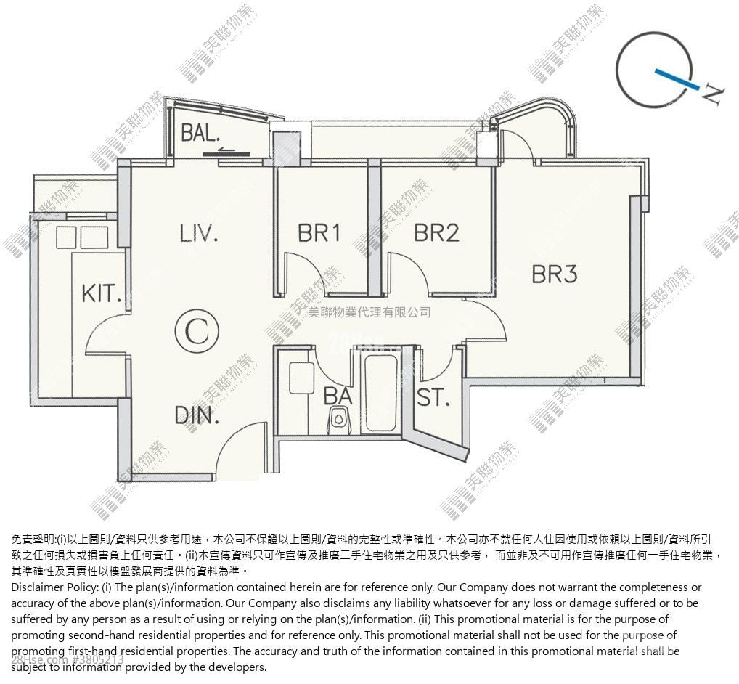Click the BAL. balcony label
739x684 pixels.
coord(200,133)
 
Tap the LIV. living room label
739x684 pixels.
coord(199,233)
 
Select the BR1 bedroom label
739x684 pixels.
coord(319,232)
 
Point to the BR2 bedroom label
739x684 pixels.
coord(436,232)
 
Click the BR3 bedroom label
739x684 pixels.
coord(554,274)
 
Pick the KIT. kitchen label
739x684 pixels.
coord(101,294)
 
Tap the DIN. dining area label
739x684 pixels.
coord(197,416)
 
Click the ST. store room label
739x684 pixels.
coord(433,398)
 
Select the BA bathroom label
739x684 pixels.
coord(338,396)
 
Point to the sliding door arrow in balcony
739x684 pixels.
coord(226,152)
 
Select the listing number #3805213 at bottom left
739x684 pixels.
coord(98,660)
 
